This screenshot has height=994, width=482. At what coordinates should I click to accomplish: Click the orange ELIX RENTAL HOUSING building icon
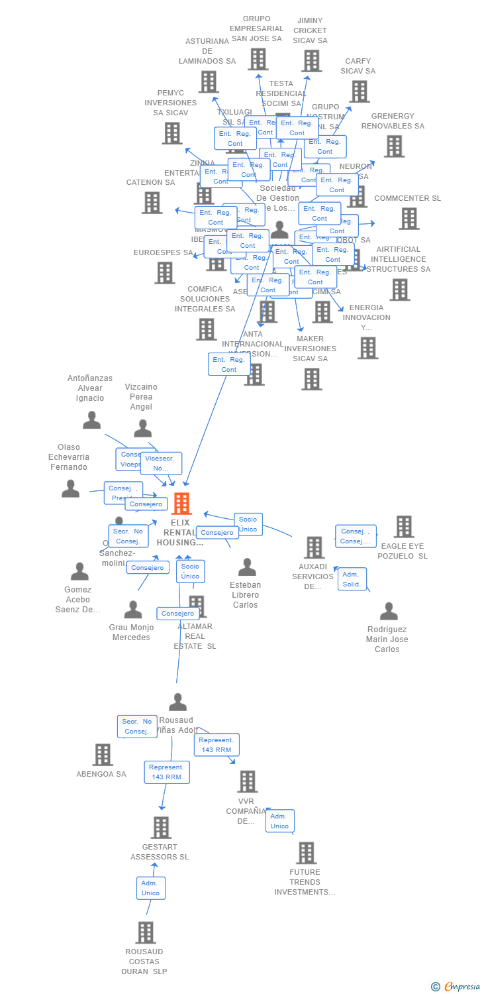(x=181, y=504)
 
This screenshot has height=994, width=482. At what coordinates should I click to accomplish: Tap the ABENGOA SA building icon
(x=102, y=754)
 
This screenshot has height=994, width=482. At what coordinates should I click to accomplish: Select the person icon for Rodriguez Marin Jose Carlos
(x=389, y=611)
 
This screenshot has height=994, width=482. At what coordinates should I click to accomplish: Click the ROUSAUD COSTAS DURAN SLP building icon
(x=146, y=932)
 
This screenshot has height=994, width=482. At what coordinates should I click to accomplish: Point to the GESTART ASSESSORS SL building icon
(x=161, y=828)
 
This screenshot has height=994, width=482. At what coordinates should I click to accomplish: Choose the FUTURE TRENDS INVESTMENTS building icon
(x=306, y=853)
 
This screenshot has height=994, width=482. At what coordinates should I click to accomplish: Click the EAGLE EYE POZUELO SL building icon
(x=403, y=527)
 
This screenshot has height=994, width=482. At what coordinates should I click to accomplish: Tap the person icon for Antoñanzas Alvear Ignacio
(x=91, y=420)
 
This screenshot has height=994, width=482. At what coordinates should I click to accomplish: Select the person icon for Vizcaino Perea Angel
(x=142, y=429)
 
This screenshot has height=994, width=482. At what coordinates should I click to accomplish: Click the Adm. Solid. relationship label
(x=352, y=579)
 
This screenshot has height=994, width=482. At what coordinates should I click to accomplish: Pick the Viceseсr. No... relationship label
(x=161, y=463)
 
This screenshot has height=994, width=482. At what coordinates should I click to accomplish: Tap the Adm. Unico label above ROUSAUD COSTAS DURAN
(x=150, y=888)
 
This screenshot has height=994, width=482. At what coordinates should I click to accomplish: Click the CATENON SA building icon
(x=152, y=203)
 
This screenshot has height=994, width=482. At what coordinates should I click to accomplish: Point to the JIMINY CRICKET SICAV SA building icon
(x=311, y=61)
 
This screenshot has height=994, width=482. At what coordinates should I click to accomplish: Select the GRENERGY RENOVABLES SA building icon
(x=394, y=146)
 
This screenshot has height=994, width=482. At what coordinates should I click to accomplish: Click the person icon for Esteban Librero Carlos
(x=247, y=567)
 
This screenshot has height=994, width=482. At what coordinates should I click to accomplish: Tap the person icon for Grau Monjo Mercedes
(x=133, y=610)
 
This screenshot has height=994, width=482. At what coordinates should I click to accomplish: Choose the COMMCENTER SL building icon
(x=409, y=219)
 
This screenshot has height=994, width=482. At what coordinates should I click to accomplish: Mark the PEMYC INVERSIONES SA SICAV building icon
(x=171, y=133)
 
